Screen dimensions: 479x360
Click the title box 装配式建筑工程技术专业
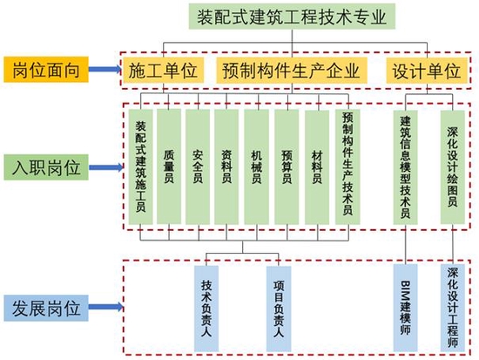point(292,17)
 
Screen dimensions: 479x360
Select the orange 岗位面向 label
point(46,70)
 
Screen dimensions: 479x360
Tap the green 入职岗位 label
point(46,167)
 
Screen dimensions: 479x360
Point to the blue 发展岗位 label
point(46,308)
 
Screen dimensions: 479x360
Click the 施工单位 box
point(163,71)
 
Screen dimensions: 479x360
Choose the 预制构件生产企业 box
point(292,71)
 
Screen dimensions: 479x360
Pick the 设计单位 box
point(427,71)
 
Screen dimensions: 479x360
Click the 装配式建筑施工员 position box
point(140,166)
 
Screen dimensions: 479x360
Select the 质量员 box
point(169,166)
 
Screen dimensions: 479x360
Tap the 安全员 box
point(198,166)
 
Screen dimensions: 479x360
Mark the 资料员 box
point(226,166)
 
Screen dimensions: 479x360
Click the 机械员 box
point(257,166)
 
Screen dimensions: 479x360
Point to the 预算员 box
point(287,166)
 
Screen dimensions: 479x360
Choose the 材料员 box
point(317,166)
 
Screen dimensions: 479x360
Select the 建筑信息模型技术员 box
point(405,167)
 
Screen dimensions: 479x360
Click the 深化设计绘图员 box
point(453,167)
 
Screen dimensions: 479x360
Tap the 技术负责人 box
point(206,309)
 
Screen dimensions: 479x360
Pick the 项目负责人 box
point(279,309)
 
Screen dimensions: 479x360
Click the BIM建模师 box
point(405,308)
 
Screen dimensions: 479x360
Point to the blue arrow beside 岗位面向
point(105,70)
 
